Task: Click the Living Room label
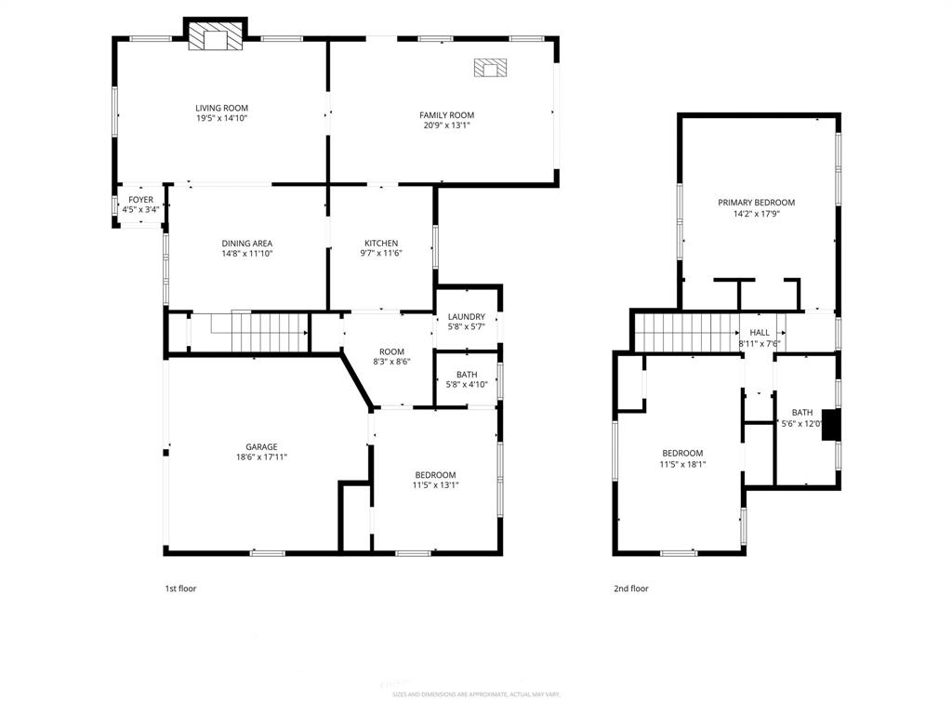point(221,108)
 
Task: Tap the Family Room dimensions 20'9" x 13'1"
point(446,126)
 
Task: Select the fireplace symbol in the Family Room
point(491,68)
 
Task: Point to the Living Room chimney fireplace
point(215,38)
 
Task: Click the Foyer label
point(140,200)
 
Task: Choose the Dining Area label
point(246,244)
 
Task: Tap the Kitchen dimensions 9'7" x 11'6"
point(381,254)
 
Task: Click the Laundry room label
point(466,317)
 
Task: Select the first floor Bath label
point(466,375)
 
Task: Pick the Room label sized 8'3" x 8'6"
point(391,351)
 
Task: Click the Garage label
point(261,447)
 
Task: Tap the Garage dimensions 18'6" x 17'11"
point(261,457)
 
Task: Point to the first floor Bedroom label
point(435,474)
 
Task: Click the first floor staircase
point(259,332)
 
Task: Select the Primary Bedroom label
point(756,203)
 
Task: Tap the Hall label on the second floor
point(760,332)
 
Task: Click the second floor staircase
point(684,332)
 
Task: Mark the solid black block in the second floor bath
point(831,424)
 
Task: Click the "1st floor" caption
point(180,588)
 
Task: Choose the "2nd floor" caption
point(631,588)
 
